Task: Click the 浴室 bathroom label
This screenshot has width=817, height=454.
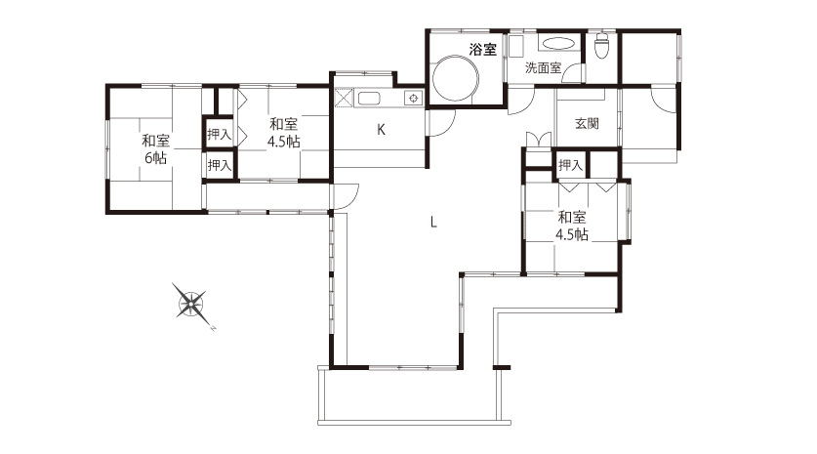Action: tap(482, 50)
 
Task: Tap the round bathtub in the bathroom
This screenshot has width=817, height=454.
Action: tap(456, 78)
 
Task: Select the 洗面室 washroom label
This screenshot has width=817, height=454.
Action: tap(543, 67)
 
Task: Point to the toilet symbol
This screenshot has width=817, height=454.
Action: tap(602, 45)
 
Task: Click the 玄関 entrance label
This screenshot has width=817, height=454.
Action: tap(587, 124)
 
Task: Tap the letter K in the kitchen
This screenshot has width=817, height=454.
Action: tap(381, 130)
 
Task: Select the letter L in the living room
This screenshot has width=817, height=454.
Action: tap(433, 223)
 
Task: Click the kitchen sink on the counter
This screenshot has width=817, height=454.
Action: tap(369, 98)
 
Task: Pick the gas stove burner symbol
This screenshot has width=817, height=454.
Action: tap(413, 98)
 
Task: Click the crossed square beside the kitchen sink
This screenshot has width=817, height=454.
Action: tap(344, 98)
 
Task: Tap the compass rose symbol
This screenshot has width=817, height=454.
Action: tap(190, 302)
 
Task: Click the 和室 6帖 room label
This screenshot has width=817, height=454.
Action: tap(155, 149)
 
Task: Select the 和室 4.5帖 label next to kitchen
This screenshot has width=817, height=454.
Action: tap(283, 133)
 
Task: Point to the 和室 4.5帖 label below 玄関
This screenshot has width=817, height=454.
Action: tap(572, 226)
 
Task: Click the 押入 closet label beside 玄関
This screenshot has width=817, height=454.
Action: tap(570, 165)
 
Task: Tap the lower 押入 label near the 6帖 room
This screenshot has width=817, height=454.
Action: tap(219, 165)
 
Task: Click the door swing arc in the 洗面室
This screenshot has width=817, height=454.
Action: tap(574, 72)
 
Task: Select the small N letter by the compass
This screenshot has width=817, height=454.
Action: tap(213, 328)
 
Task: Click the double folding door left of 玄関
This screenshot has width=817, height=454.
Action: tap(538, 140)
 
